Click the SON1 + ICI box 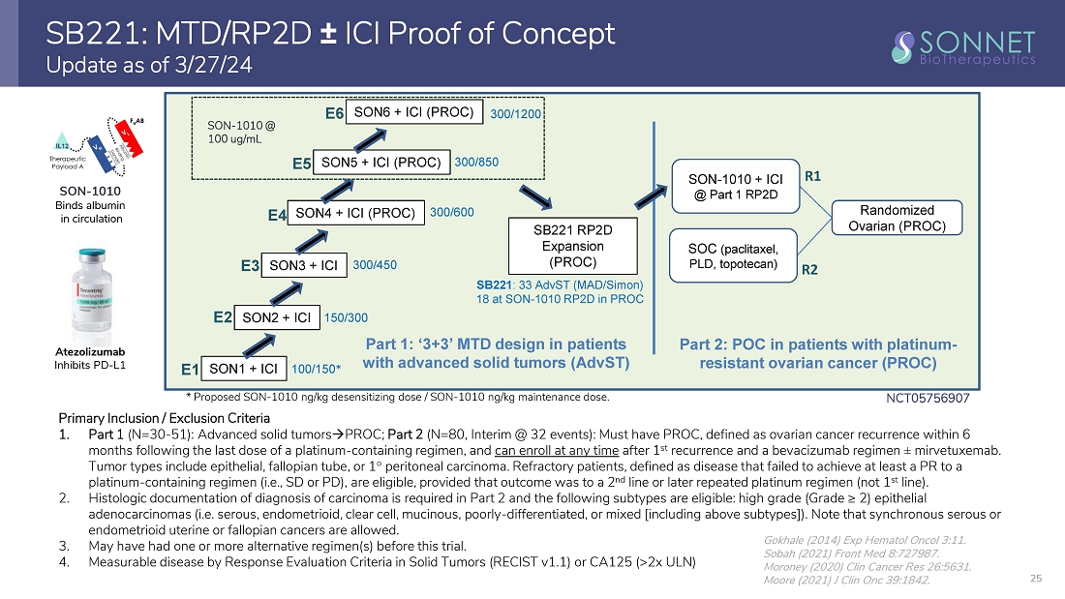tap(243, 369)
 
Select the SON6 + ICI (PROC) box tap(413, 112)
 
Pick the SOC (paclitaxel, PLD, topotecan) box tap(734, 251)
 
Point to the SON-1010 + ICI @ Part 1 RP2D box tap(735, 187)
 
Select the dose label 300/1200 tap(515, 114)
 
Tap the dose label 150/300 tap(345, 316)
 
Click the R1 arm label tap(812, 177)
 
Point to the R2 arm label tap(810, 272)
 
